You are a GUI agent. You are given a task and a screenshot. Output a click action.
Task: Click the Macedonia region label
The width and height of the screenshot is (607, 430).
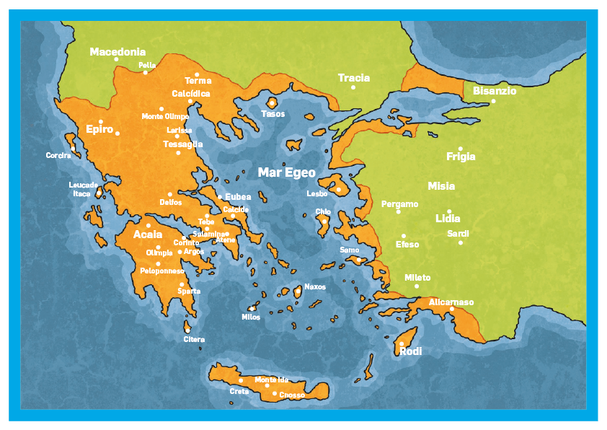pos(118,52)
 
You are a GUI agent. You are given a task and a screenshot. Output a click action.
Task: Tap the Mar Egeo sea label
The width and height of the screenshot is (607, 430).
pos(287,172)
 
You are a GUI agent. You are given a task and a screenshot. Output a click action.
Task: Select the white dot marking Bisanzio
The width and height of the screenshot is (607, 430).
pos(494,101)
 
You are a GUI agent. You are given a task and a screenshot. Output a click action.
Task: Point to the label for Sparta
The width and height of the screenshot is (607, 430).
pos(189,291)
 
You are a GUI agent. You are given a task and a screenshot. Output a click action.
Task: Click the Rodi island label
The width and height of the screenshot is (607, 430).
pos(411,351)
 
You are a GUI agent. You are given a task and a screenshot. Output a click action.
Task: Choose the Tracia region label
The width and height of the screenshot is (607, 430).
pos(354,78)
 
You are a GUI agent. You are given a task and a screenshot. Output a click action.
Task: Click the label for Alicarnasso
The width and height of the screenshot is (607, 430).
pos(451,302)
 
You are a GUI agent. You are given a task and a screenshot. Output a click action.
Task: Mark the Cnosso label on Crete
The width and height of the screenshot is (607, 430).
pos(292,395)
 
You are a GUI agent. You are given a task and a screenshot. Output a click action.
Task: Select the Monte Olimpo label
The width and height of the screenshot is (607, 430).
pos(165,117)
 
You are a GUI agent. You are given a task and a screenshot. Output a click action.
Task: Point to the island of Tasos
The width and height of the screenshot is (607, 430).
pos(272,103)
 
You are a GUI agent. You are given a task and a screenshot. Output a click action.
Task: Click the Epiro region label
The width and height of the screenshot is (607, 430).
pos(99,130)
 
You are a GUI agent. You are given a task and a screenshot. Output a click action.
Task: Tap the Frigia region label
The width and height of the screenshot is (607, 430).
pos(461,157)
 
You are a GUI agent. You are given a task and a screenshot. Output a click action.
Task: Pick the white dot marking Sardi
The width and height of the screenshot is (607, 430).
pos(461,242)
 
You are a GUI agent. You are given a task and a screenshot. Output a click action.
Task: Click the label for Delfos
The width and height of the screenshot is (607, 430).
pos(170,203)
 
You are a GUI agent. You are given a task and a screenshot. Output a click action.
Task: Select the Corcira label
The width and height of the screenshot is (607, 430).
pos(58,156)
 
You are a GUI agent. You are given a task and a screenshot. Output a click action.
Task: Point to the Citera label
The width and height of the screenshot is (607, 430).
pos(194,339)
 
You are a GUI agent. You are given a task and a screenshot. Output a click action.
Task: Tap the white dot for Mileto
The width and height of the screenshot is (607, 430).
pos(417,286)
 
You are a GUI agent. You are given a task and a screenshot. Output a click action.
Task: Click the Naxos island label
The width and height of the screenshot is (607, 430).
pos(315,287)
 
